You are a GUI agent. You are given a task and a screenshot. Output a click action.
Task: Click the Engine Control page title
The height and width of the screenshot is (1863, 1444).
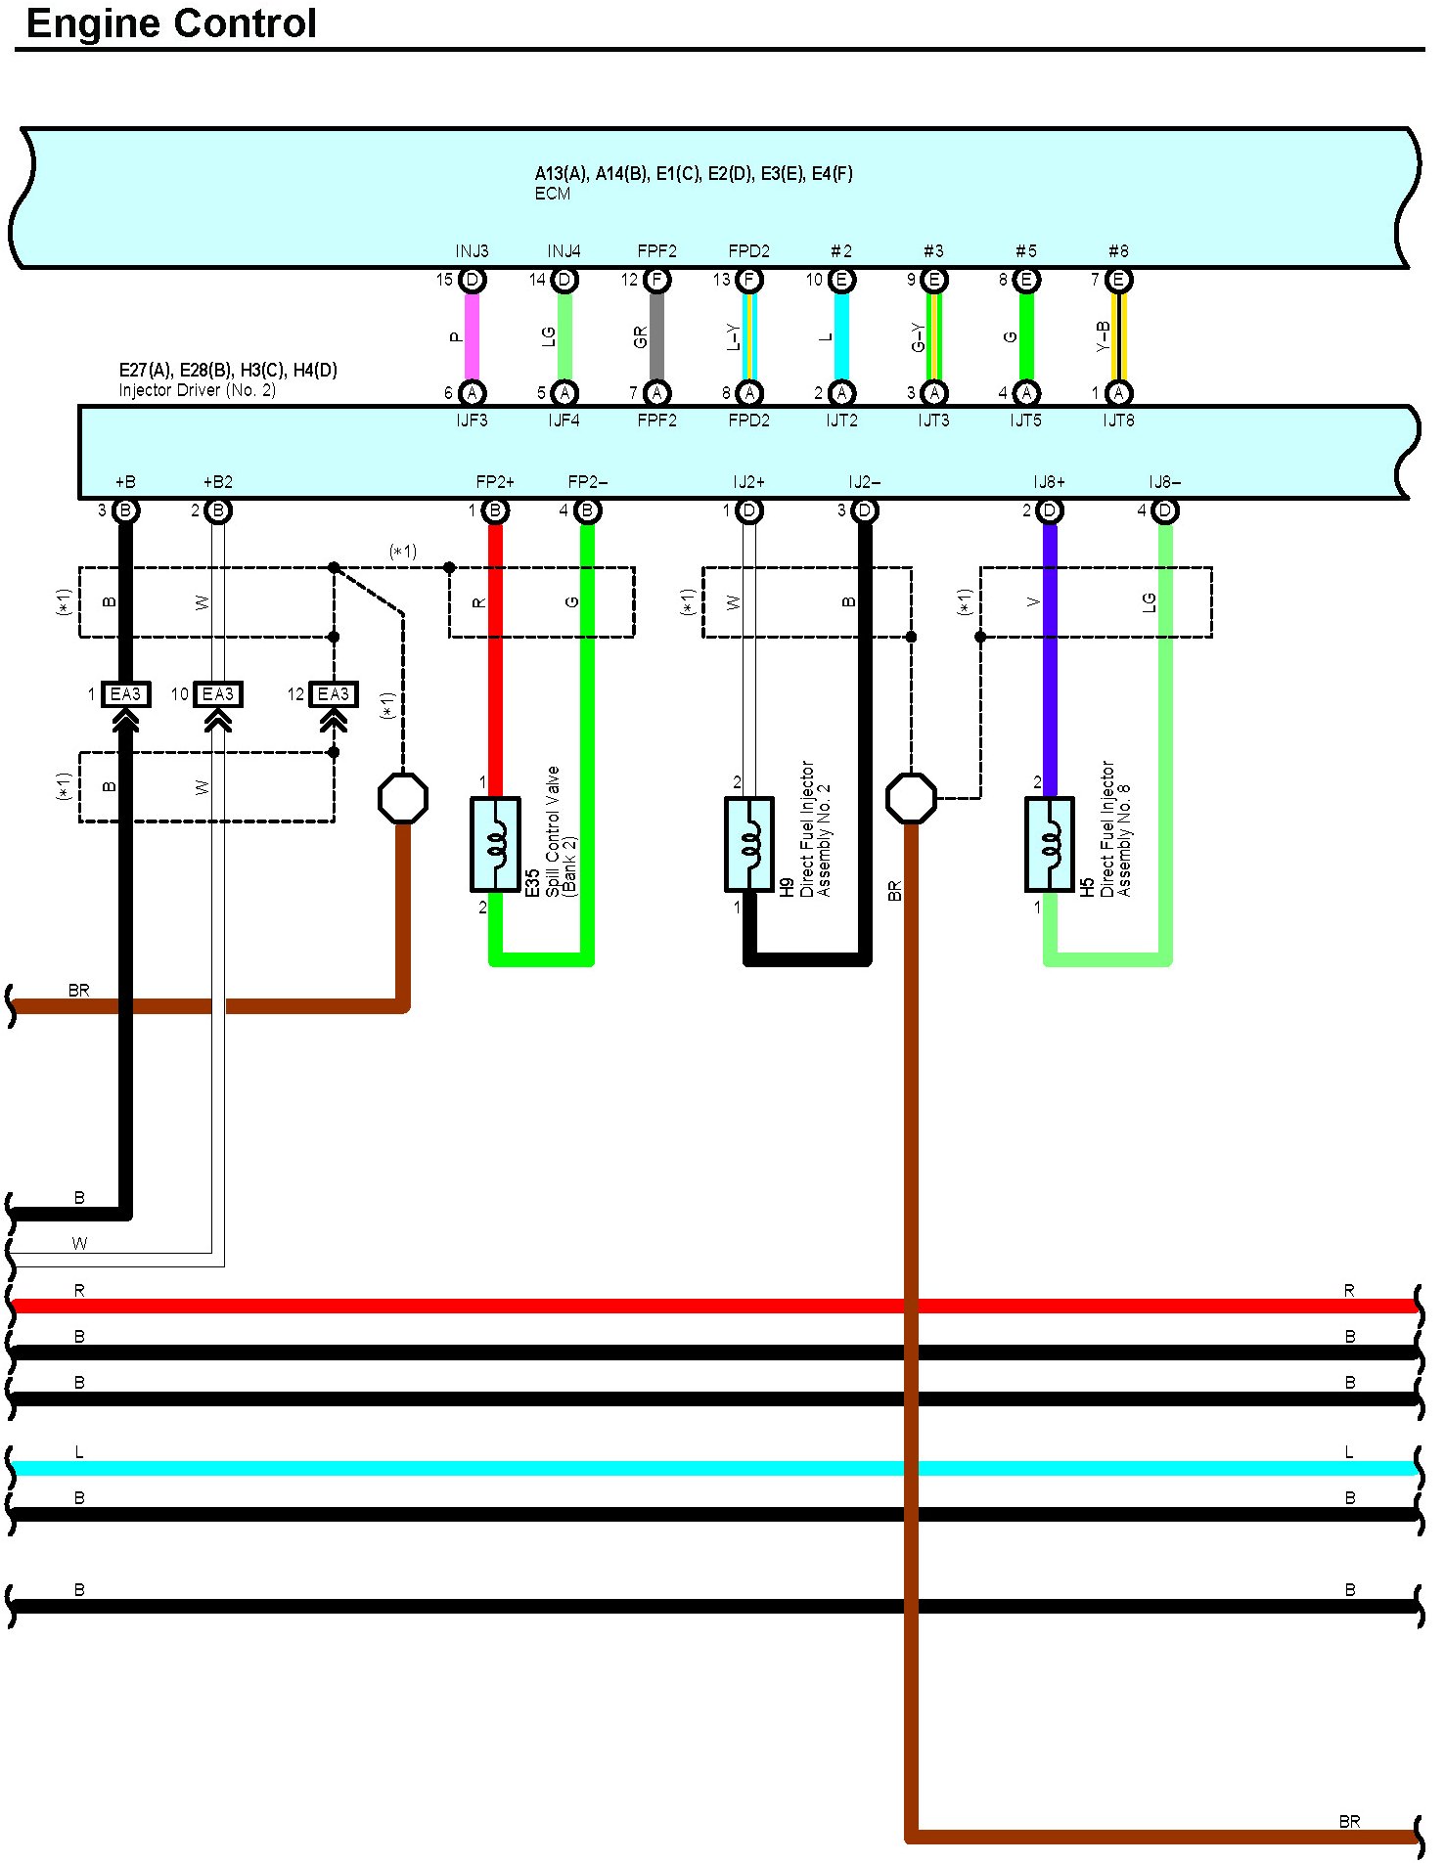pos(171,23)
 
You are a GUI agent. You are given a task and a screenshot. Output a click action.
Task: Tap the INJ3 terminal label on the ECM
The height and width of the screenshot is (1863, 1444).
pos(472,251)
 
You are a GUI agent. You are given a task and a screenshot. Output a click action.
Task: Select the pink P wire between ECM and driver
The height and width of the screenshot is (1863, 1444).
pos(472,336)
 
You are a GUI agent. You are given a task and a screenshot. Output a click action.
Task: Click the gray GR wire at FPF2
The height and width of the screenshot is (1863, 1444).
pos(656,336)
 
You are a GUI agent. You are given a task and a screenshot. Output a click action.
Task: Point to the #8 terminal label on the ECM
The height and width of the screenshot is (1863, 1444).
pos(1118,251)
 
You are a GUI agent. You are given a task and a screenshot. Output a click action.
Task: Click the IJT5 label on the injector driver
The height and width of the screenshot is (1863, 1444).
pos(1025,421)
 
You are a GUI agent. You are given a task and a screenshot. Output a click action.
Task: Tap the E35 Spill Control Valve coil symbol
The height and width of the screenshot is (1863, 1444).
pos(495,844)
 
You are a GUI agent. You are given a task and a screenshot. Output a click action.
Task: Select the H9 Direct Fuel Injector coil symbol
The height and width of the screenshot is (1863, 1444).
pos(749,844)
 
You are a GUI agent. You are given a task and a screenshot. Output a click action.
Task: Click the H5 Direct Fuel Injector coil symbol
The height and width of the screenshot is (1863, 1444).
pos(1050,844)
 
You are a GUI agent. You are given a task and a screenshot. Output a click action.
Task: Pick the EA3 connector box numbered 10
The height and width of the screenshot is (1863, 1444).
pos(217,694)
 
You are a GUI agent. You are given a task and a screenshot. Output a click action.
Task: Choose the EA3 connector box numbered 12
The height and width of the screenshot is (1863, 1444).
pos(333,694)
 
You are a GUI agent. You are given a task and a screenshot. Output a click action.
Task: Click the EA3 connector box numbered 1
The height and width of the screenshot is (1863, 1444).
pos(125,694)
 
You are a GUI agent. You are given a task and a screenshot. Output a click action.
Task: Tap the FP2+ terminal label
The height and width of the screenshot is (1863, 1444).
pos(495,482)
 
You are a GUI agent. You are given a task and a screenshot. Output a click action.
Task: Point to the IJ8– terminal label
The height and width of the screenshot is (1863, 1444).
pos(1164,482)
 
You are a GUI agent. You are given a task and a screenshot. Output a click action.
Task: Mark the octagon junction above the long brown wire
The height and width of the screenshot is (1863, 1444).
pos(911,798)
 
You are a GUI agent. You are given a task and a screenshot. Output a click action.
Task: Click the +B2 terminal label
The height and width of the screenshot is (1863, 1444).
pos(217,482)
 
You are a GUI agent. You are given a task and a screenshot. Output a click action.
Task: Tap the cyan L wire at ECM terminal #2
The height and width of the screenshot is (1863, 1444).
pos(841,336)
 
